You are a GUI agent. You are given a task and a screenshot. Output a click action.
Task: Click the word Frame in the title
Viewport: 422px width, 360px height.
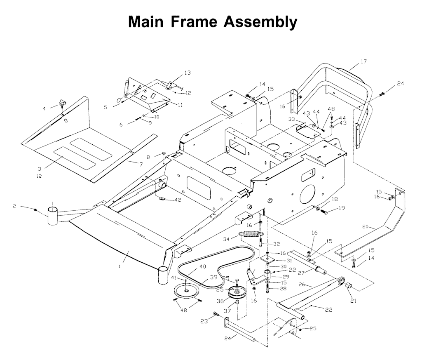point(194,21)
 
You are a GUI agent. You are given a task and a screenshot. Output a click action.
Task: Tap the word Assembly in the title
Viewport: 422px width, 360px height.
point(260,22)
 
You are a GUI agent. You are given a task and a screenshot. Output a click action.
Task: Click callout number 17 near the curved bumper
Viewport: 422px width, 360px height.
point(363,61)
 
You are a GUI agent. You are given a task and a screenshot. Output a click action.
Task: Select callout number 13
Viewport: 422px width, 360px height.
point(188,73)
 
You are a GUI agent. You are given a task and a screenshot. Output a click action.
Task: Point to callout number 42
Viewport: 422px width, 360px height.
point(178,200)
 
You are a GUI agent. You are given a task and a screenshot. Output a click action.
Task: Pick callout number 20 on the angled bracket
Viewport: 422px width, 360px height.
point(365,227)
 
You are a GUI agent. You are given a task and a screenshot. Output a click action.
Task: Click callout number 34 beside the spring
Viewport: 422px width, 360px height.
point(226,239)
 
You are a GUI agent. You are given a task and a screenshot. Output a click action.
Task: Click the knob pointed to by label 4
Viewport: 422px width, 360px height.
point(62,102)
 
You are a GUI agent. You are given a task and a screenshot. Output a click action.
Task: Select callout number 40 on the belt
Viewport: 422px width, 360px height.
point(203,266)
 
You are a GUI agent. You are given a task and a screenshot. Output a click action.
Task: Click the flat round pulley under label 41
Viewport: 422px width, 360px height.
point(186,291)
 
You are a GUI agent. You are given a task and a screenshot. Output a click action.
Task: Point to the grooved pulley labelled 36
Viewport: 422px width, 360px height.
point(236,293)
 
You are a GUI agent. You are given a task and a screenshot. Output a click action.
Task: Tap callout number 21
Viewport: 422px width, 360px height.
point(353,301)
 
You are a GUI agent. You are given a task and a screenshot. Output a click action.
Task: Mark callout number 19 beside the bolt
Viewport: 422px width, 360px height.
point(341,208)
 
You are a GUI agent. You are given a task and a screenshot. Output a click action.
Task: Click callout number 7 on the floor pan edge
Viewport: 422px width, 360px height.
point(141,164)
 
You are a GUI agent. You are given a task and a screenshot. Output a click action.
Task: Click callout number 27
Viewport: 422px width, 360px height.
point(301,273)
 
